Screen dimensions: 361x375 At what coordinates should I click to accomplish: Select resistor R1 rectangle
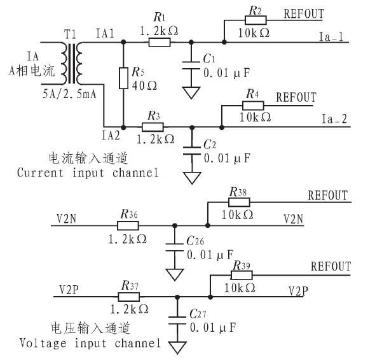158,43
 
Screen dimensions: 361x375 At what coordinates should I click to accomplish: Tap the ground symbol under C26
174,273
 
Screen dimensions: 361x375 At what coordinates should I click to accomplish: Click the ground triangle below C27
178,348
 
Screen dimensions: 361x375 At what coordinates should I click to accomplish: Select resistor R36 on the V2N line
129,225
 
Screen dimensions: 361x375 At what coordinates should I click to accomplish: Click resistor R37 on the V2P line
129,297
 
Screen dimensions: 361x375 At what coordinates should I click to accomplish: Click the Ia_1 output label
331,38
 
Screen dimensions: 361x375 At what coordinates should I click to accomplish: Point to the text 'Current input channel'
87,173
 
